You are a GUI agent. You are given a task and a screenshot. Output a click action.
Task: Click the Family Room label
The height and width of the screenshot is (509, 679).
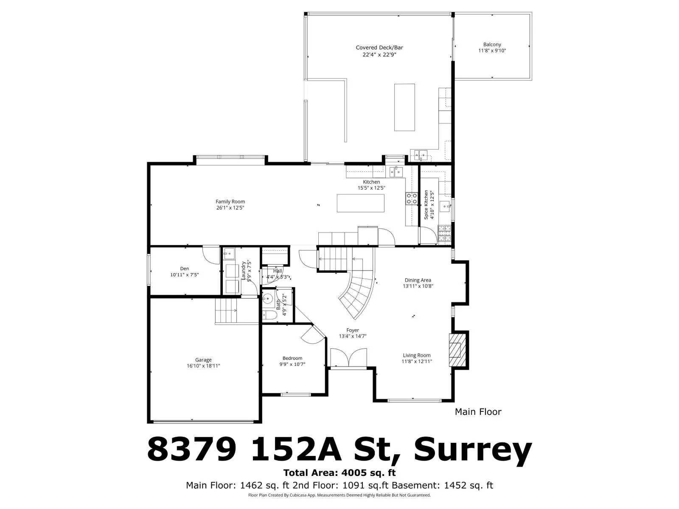(x=230, y=201)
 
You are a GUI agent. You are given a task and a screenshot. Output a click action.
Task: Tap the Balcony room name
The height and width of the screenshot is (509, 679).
(x=492, y=45)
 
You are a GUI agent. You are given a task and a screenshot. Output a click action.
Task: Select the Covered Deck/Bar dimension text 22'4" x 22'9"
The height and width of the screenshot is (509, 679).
(x=379, y=55)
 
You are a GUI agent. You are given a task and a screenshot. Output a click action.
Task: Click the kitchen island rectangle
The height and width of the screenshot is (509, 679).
(x=360, y=203)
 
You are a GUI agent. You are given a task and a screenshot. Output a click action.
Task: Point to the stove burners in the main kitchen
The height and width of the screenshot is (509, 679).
(x=412, y=199)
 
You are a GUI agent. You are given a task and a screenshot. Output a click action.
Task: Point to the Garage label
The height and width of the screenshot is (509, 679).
(x=203, y=360)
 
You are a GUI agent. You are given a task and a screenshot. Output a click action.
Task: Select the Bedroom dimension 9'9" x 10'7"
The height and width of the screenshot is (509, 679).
(x=292, y=364)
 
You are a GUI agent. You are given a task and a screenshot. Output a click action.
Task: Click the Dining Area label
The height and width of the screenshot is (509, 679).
(x=418, y=280)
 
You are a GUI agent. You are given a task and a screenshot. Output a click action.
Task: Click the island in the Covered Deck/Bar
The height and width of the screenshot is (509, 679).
(x=404, y=107)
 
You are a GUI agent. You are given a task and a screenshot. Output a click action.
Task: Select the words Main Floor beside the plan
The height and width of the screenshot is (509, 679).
(x=478, y=411)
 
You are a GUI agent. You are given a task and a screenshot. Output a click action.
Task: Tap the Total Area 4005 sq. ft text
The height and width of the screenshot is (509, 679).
(x=339, y=473)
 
